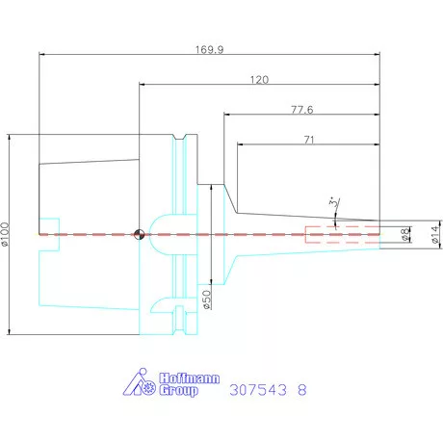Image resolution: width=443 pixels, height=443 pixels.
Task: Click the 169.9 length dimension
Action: (x=210, y=50)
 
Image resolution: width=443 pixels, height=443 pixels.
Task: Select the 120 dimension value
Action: (x=259, y=80)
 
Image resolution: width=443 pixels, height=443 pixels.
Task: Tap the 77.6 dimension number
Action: (x=302, y=110)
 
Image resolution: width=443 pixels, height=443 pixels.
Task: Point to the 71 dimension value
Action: (x=309, y=140)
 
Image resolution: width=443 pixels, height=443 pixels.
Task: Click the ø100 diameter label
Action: (x=5, y=234)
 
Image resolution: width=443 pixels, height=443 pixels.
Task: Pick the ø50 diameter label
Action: (x=207, y=300)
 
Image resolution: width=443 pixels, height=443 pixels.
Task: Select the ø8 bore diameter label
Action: (x=405, y=234)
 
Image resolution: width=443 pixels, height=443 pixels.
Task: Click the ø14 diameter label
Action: (x=435, y=234)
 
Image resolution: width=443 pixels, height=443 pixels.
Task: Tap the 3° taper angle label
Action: (x=334, y=202)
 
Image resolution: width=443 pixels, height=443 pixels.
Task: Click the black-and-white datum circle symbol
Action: (x=140, y=234)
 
